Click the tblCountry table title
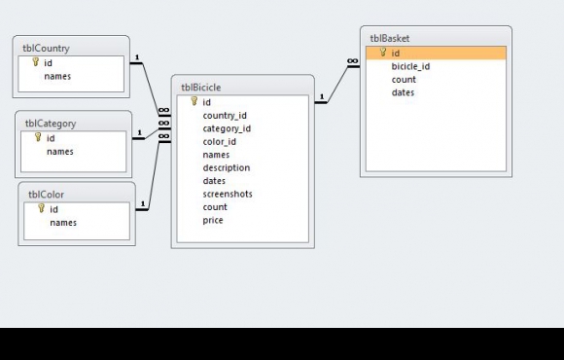point(46,49)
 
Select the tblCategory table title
point(51,124)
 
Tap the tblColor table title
point(46,195)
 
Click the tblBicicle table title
point(201,88)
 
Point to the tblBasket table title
point(390,39)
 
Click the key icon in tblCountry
point(35,62)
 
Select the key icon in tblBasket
point(383,53)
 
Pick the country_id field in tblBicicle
point(225,116)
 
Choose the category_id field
point(227,128)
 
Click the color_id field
point(220,141)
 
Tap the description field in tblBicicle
point(227,167)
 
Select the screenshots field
point(228,194)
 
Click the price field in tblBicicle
point(213,220)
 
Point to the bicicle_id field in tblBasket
point(410,66)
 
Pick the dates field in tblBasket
point(403,92)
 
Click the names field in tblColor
point(63,223)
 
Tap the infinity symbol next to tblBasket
point(352,61)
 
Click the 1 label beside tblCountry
point(137,57)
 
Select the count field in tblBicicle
point(215,207)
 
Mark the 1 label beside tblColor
point(143,203)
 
